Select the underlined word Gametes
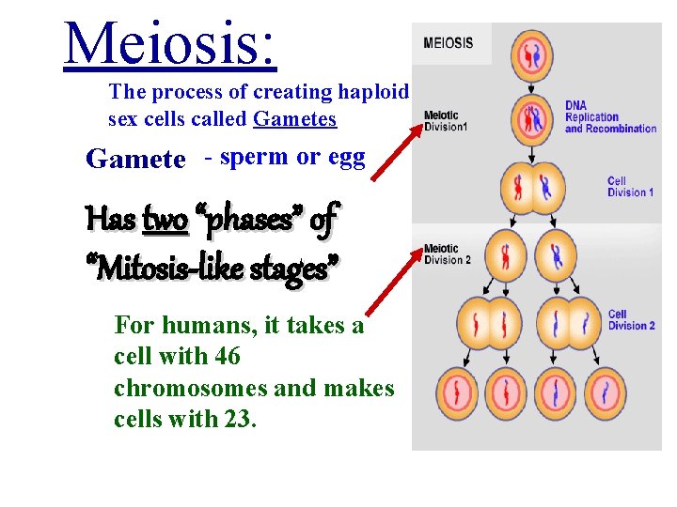[294, 119]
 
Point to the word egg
[346, 158]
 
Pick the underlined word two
[165, 220]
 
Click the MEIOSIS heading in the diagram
[449, 42]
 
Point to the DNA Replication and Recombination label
[609, 117]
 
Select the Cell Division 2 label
[631, 320]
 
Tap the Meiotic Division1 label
[445, 121]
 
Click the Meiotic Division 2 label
[447, 254]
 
